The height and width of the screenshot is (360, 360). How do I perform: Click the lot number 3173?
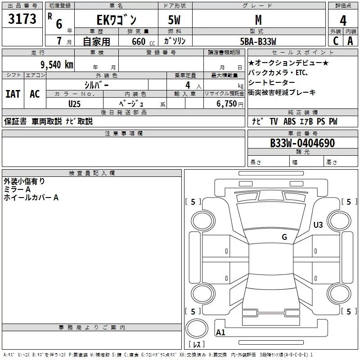click(22, 19)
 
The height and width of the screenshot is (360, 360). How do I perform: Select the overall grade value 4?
click(343, 20)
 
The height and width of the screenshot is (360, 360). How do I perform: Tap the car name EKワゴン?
click(116, 20)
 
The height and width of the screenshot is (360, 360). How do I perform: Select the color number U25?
click(75, 104)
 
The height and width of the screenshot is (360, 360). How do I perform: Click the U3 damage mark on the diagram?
click(318, 225)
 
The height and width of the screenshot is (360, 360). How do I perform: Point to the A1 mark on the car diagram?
click(220, 333)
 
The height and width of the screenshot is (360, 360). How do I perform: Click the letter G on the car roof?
click(284, 237)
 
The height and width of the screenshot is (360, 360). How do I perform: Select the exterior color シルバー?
click(96, 85)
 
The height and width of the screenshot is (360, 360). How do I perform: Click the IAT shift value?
click(13, 94)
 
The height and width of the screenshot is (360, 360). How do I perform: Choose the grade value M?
click(258, 20)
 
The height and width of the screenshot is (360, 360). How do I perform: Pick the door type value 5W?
click(175, 20)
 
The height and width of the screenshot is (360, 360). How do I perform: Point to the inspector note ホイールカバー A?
click(31, 198)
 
